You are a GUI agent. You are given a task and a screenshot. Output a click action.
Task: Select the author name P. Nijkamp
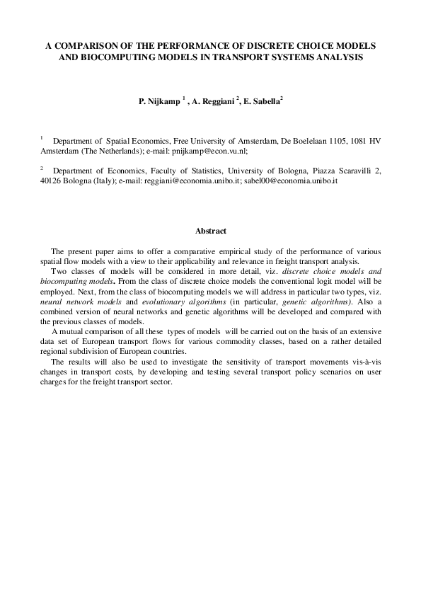159,101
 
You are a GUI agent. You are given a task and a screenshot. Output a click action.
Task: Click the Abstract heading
210,231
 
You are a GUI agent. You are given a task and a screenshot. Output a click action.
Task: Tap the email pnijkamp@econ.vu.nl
217,151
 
